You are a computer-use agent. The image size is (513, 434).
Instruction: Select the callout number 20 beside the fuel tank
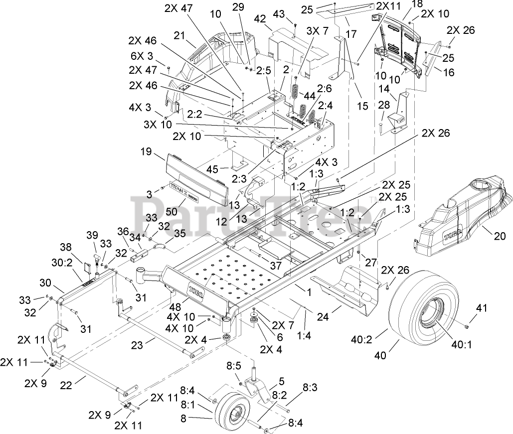[x=499, y=237]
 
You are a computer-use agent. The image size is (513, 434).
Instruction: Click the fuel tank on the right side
[x=461, y=209]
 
